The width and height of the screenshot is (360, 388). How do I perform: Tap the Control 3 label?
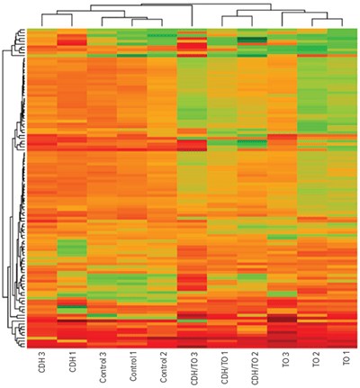[x=103, y=369]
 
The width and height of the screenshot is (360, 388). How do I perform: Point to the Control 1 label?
[x=132, y=369]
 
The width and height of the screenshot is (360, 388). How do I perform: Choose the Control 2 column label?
[x=163, y=369]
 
